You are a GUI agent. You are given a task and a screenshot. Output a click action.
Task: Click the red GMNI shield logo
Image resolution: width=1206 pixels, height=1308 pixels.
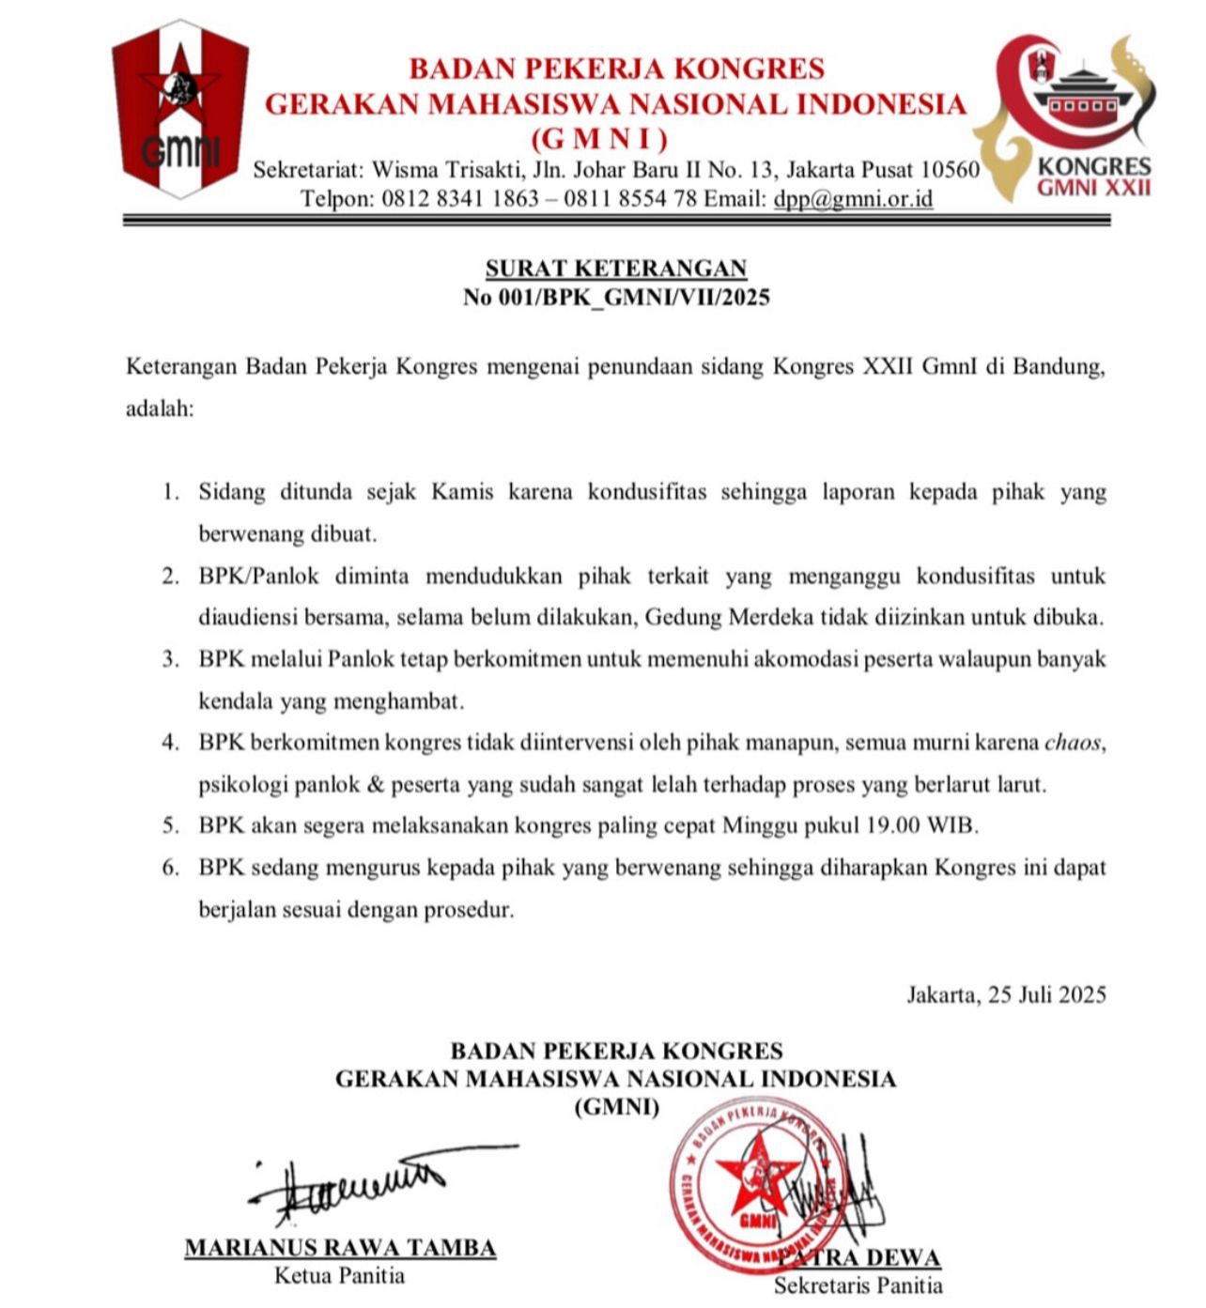180,108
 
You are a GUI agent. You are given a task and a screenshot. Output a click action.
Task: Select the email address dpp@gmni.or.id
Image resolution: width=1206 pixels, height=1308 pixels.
853,198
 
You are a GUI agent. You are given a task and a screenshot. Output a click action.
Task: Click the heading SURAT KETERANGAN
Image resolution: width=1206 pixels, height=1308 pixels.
615,268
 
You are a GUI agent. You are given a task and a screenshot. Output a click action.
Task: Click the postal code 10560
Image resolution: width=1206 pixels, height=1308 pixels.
950,170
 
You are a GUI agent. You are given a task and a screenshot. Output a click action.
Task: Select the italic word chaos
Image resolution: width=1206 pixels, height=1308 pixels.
1072,743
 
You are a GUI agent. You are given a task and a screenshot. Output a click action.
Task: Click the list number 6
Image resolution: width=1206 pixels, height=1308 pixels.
170,868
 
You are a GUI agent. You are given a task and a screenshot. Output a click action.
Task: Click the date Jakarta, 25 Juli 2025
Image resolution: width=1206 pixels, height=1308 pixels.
1006,994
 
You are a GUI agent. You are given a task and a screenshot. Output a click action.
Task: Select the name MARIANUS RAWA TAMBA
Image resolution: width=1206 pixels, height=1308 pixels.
340,1248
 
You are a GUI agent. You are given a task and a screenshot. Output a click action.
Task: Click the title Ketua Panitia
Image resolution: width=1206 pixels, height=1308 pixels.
340,1275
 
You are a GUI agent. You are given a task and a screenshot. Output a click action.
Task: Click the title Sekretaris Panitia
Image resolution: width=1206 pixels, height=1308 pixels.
858,1285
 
